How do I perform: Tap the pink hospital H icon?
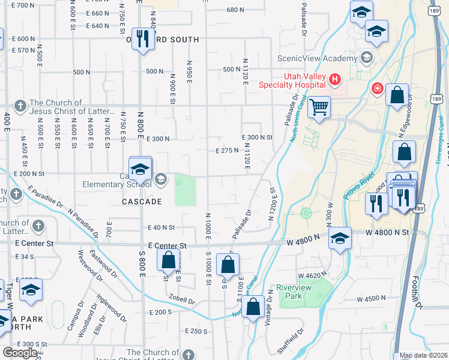[x=335, y=79]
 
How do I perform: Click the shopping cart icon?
[x=319, y=107]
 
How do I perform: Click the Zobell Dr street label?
[x=182, y=299]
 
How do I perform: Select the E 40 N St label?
[x=160, y=227]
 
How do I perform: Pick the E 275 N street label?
[x=228, y=151]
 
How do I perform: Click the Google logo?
[x=20, y=353]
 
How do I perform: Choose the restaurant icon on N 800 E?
[x=142, y=39]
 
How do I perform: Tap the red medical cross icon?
[x=377, y=89]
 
